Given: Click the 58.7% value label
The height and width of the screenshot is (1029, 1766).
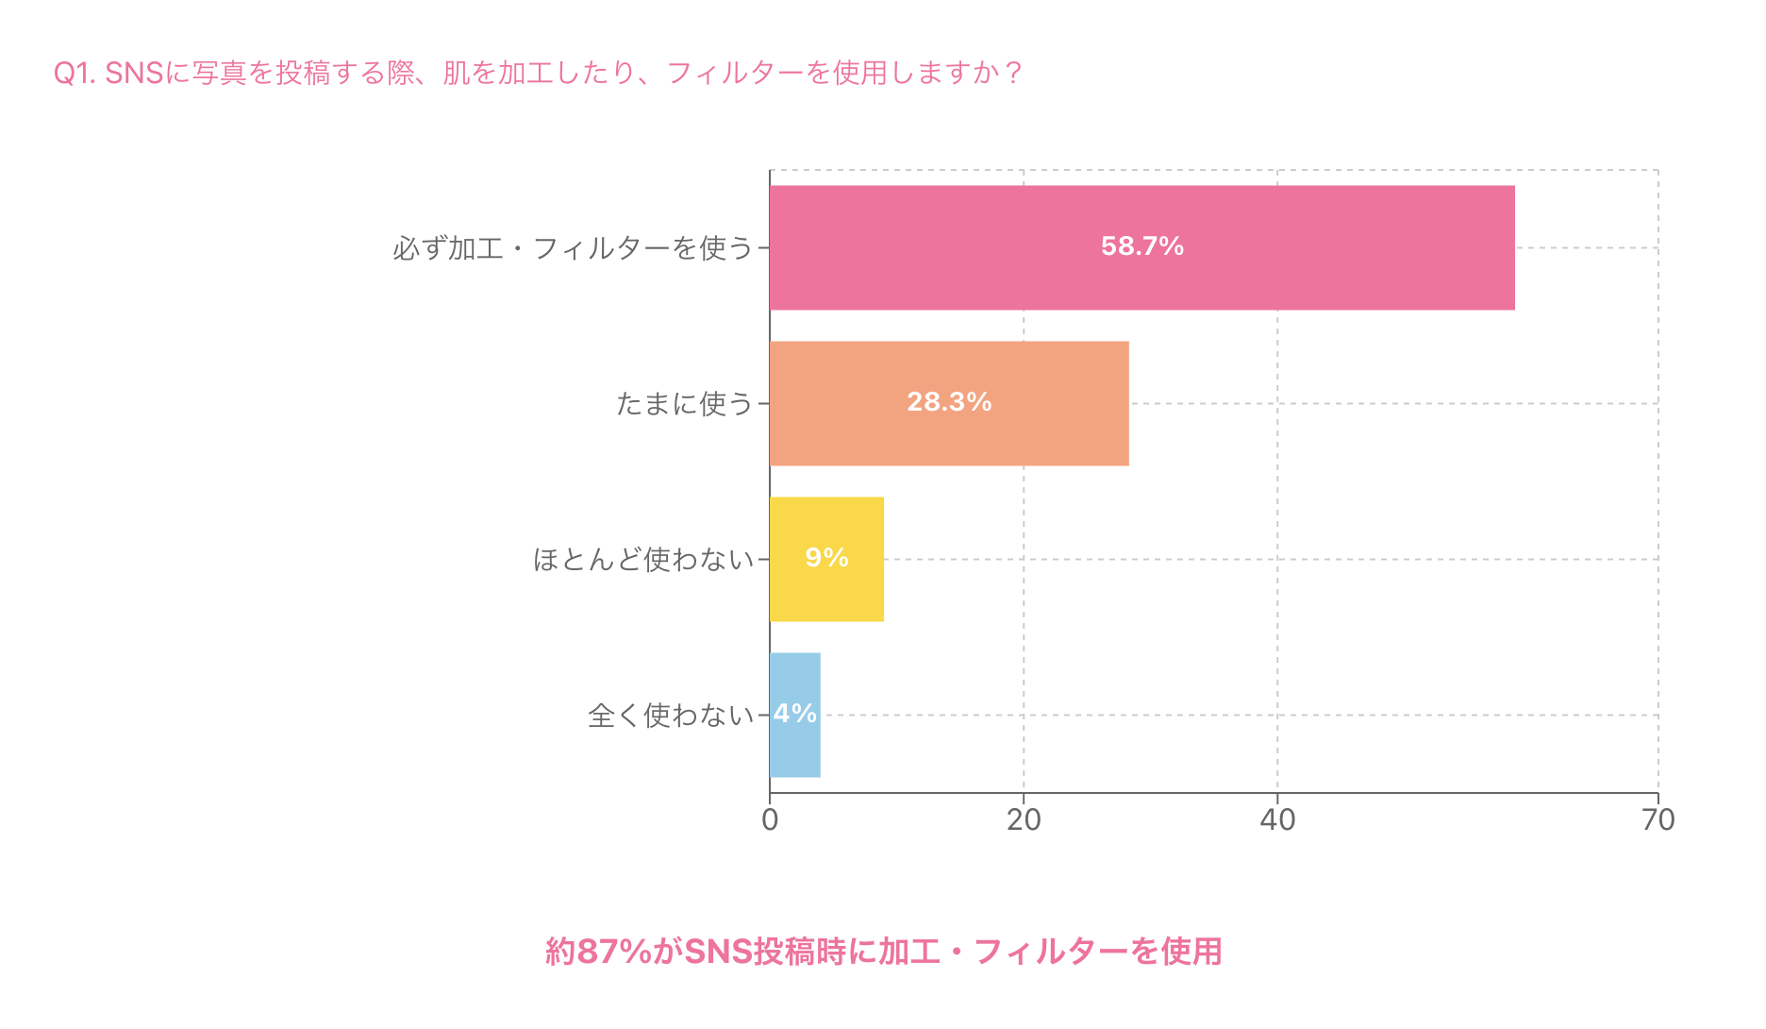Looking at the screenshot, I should tap(1141, 246).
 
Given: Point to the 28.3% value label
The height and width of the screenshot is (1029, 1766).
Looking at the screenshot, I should tap(949, 402).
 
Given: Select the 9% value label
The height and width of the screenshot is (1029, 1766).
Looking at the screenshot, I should tap(826, 558).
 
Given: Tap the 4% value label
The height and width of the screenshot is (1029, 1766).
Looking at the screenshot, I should tap(795, 714).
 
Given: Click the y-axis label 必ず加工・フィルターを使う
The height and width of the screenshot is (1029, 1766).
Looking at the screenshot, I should tap(573, 248).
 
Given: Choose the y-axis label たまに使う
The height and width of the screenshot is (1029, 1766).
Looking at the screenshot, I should tap(684, 404).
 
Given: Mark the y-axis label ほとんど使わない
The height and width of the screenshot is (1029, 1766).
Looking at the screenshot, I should tap(643, 560).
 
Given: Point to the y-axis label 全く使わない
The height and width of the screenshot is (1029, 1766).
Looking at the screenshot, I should tap(671, 716).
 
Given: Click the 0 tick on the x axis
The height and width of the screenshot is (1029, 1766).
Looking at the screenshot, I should tap(770, 819).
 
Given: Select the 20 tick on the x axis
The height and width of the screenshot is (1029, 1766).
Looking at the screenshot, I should tap(1024, 819).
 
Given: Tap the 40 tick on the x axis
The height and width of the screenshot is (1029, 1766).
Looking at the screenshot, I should tap(1277, 819).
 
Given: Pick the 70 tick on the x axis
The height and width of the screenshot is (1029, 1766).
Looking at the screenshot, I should tap(1658, 819).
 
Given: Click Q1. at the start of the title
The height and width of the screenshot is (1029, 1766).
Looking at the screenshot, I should tap(75, 74).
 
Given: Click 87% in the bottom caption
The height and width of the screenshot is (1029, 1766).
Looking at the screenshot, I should tap(613, 952).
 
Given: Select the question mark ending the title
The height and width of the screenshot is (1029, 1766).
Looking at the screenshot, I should tap(1013, 74).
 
